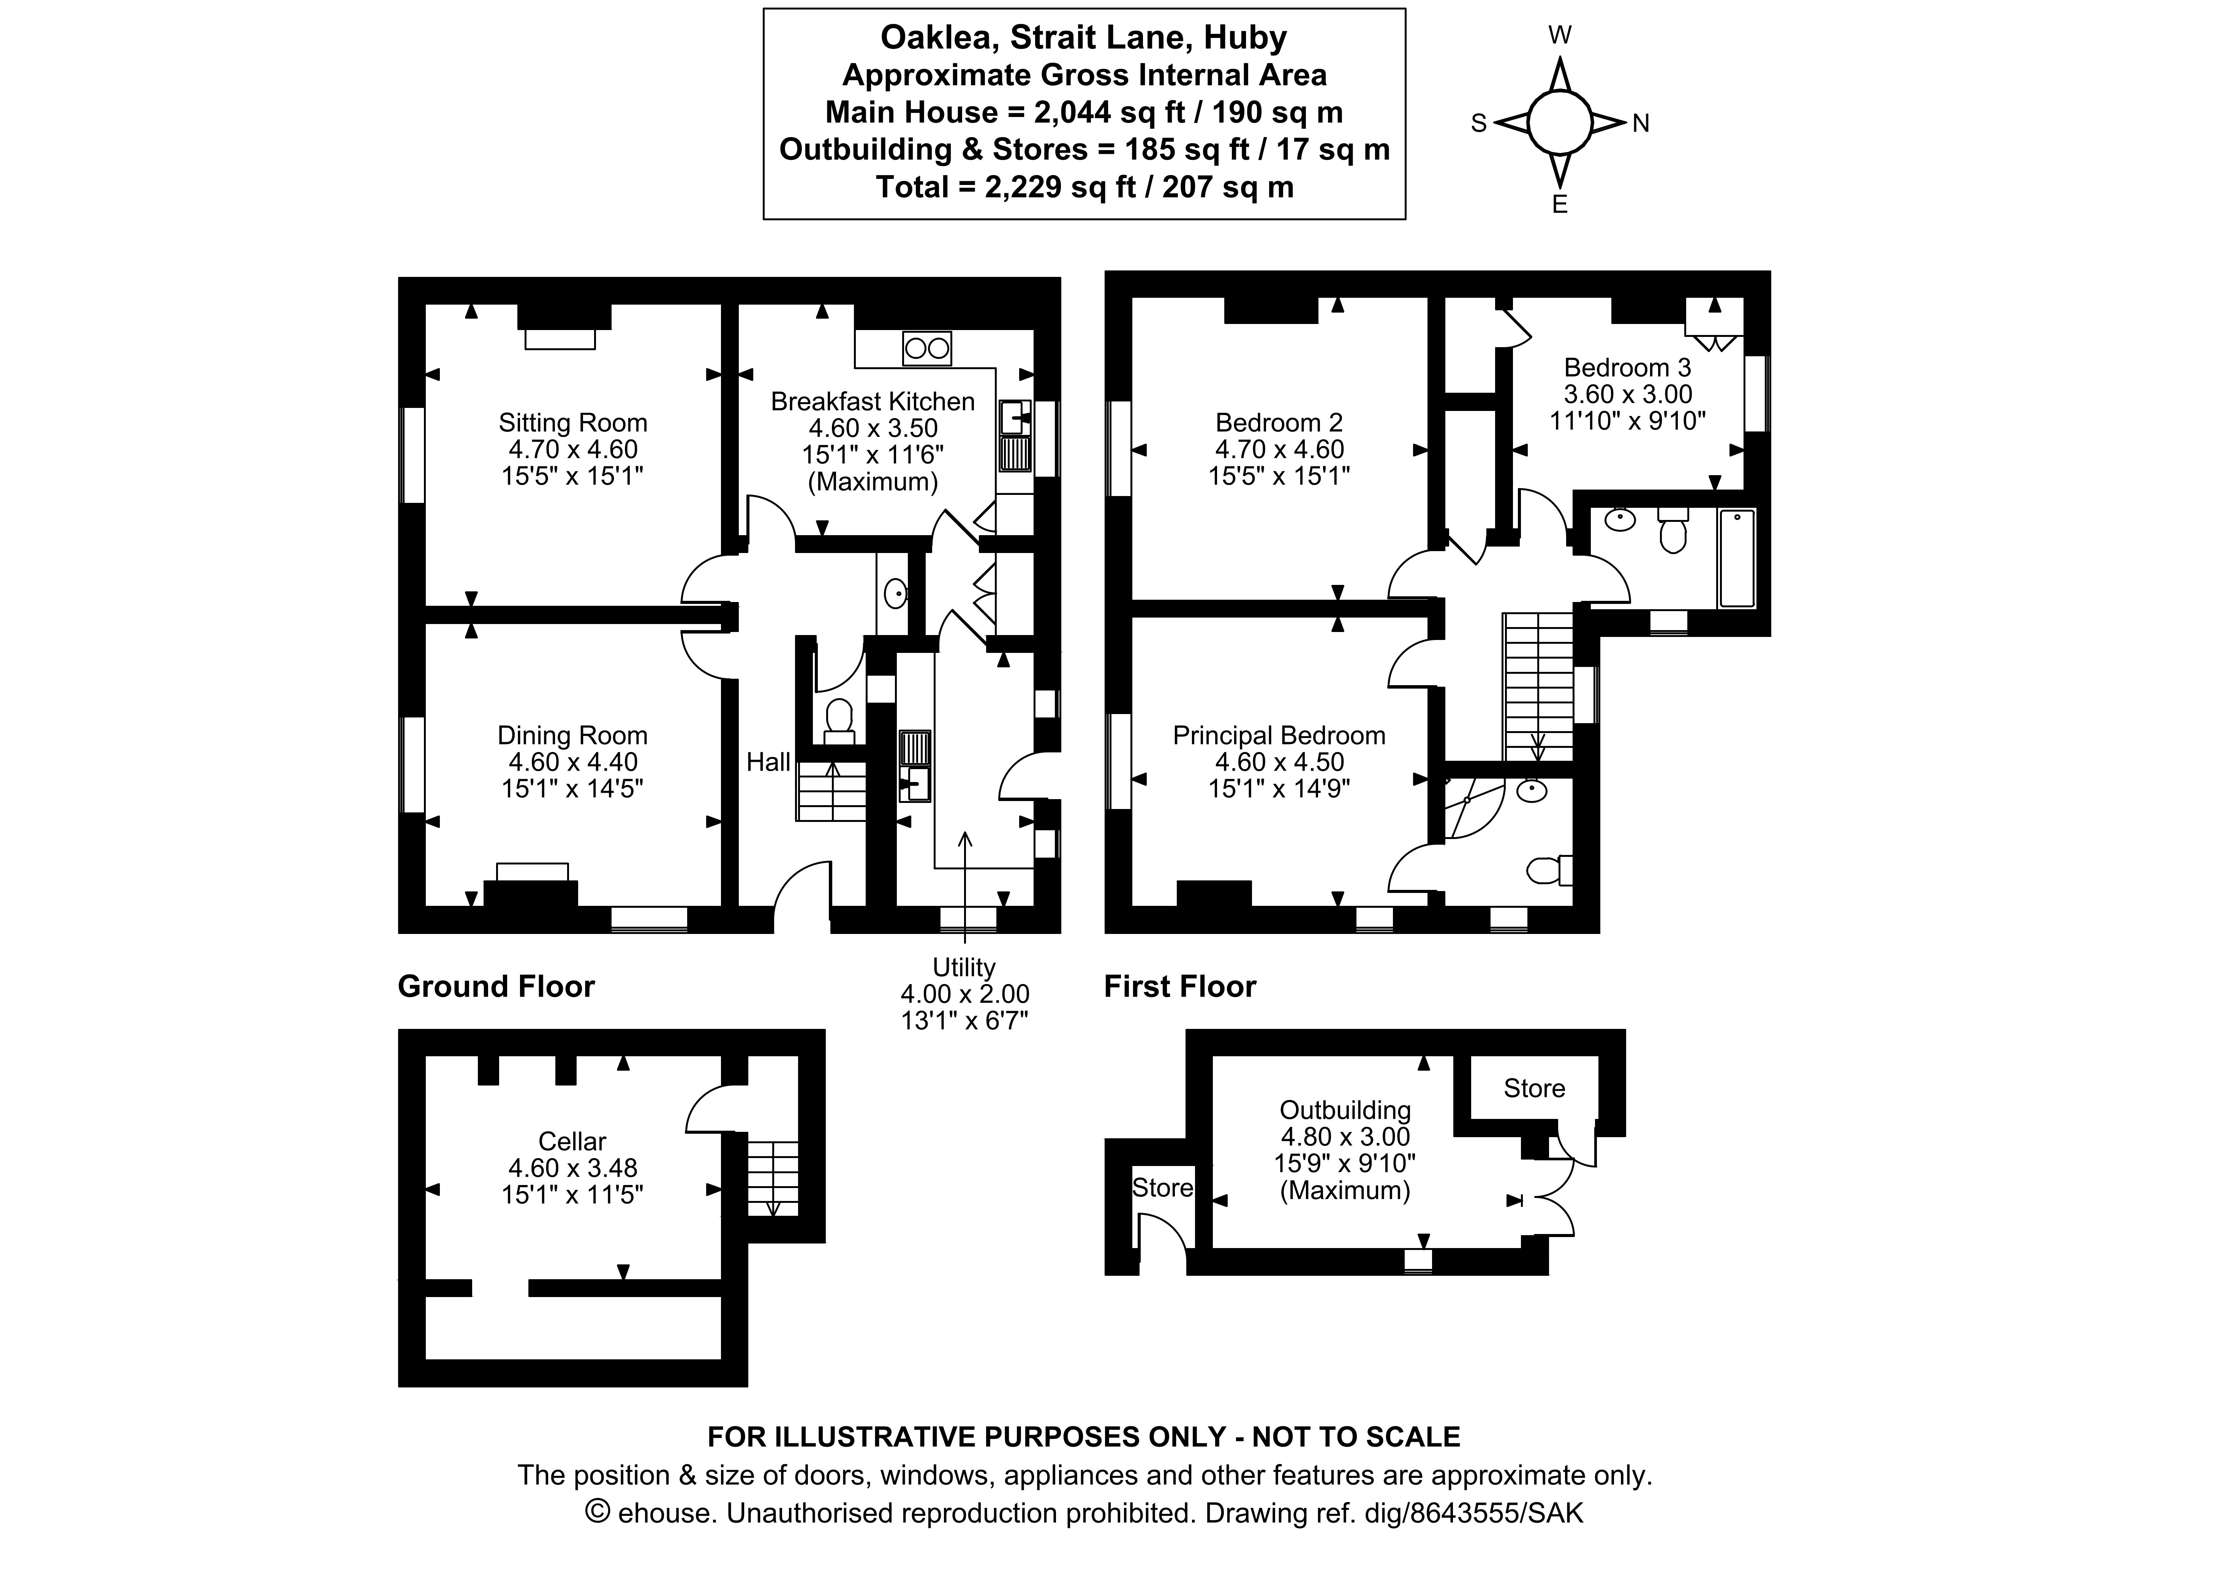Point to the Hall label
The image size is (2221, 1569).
tap(768, 762)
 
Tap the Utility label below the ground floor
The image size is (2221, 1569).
tap(963, 967)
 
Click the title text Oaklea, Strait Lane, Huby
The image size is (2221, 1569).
tap(1083, 38)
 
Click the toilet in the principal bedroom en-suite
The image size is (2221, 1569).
tap(1548, 871)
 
